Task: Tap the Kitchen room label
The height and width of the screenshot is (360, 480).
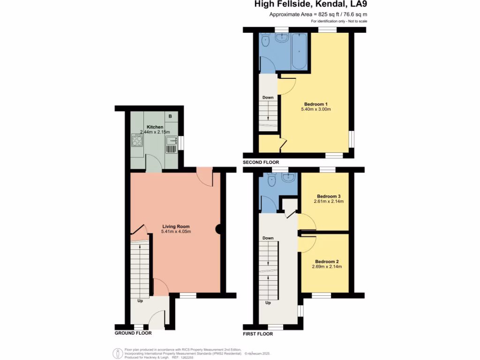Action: (155, 127)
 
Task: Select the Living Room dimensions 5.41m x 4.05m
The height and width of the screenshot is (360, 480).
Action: (176, 232)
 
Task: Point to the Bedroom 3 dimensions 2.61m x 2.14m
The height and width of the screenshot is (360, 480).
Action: (329, 202)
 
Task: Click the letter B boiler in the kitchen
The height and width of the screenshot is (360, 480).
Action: (170, 116)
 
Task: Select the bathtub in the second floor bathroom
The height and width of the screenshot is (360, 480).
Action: (299, 52)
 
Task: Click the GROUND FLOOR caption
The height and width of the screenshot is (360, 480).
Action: (133, 333)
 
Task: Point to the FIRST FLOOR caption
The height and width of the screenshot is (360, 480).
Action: (257, 334)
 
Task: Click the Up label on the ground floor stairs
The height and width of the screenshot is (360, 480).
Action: (140, 300)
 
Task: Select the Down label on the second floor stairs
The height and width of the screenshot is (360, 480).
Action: (268, 97)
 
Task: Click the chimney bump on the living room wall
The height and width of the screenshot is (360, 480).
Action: (218, 229)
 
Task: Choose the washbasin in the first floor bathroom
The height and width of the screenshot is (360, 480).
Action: (289, 179)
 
